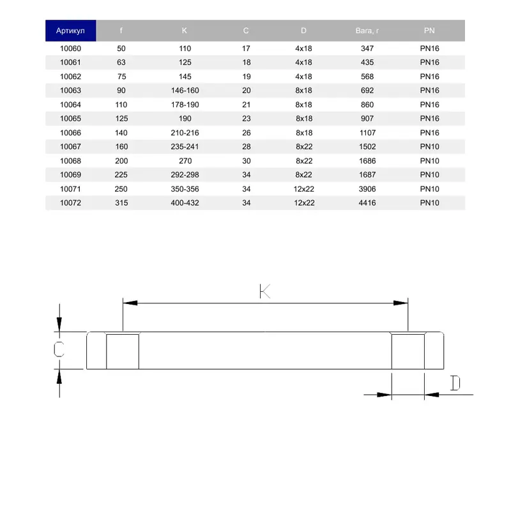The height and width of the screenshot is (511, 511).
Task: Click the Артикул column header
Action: pos(70,31)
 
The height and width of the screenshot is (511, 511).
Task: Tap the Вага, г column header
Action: pos(367,31)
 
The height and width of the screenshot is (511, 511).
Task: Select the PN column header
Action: pos(429,31)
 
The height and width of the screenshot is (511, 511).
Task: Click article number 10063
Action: pos(70,90)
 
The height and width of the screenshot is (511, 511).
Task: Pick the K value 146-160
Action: pos(185,90)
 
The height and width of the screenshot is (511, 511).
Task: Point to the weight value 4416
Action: pos(367,202)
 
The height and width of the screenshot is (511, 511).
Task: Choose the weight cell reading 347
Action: pos(367,49)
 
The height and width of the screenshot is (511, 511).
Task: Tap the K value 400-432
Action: pos(185,202)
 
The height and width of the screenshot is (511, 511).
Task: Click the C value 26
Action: pos(247,133)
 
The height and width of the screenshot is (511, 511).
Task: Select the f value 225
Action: pos(121,174)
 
